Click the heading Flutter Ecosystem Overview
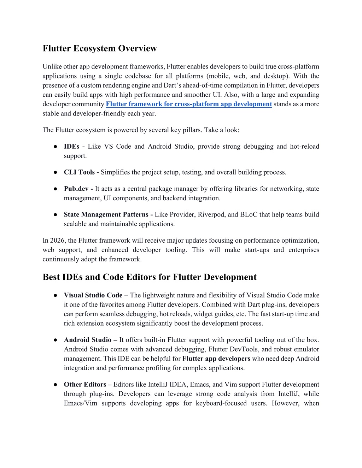click(x=100, y=48)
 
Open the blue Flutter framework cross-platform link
click(x=189, y=104)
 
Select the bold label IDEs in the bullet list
click(x=71, y=147)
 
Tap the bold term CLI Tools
click(x=79, y=172)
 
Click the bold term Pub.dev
click(x=76, y=189)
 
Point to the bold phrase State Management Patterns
click(x=106, y=215)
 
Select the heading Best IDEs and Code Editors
click(x=150, y=277)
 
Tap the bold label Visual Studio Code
click(x=93, y=295)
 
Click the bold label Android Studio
click(x=88, y=340)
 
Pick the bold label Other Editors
click(x=85, y=385)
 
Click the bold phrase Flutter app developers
click(x=216, y=359)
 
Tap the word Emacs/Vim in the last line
click(x=81, y=403)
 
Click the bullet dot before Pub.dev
click(x=56, y=189)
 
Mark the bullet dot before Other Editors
click(x=56, y=385)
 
